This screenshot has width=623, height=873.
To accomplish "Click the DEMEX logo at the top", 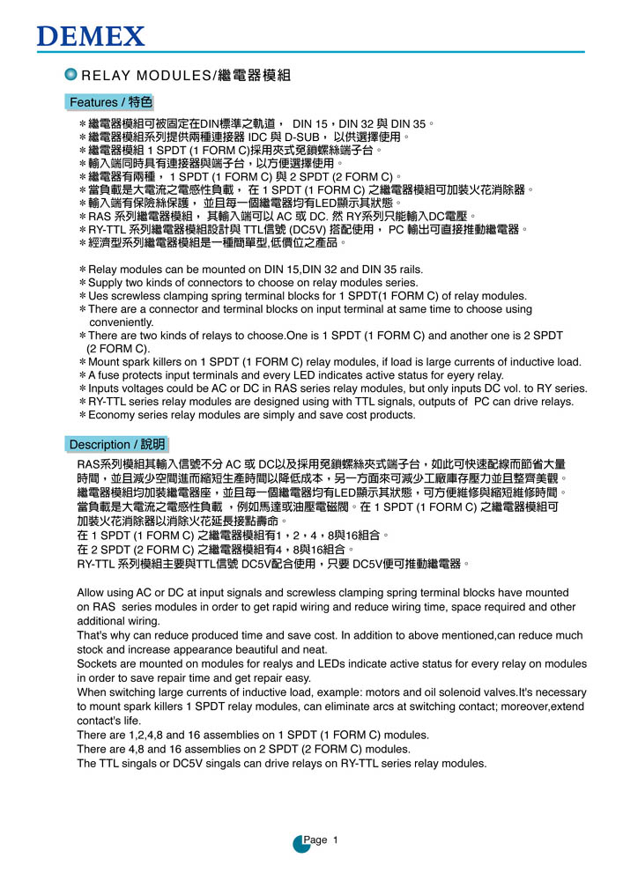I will tap(91, 36).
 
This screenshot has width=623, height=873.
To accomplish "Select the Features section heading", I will tap(111, 102).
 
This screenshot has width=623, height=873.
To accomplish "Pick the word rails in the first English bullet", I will tap(408, 269).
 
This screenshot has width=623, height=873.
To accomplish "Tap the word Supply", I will tap(106, 282).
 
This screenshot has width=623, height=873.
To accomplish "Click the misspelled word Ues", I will tap(99, 295).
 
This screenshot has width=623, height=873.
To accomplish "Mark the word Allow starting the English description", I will tap(92, 592).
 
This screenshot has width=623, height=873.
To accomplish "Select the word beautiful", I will tap(250, 649).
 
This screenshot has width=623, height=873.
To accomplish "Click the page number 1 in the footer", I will tap(336, 840).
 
